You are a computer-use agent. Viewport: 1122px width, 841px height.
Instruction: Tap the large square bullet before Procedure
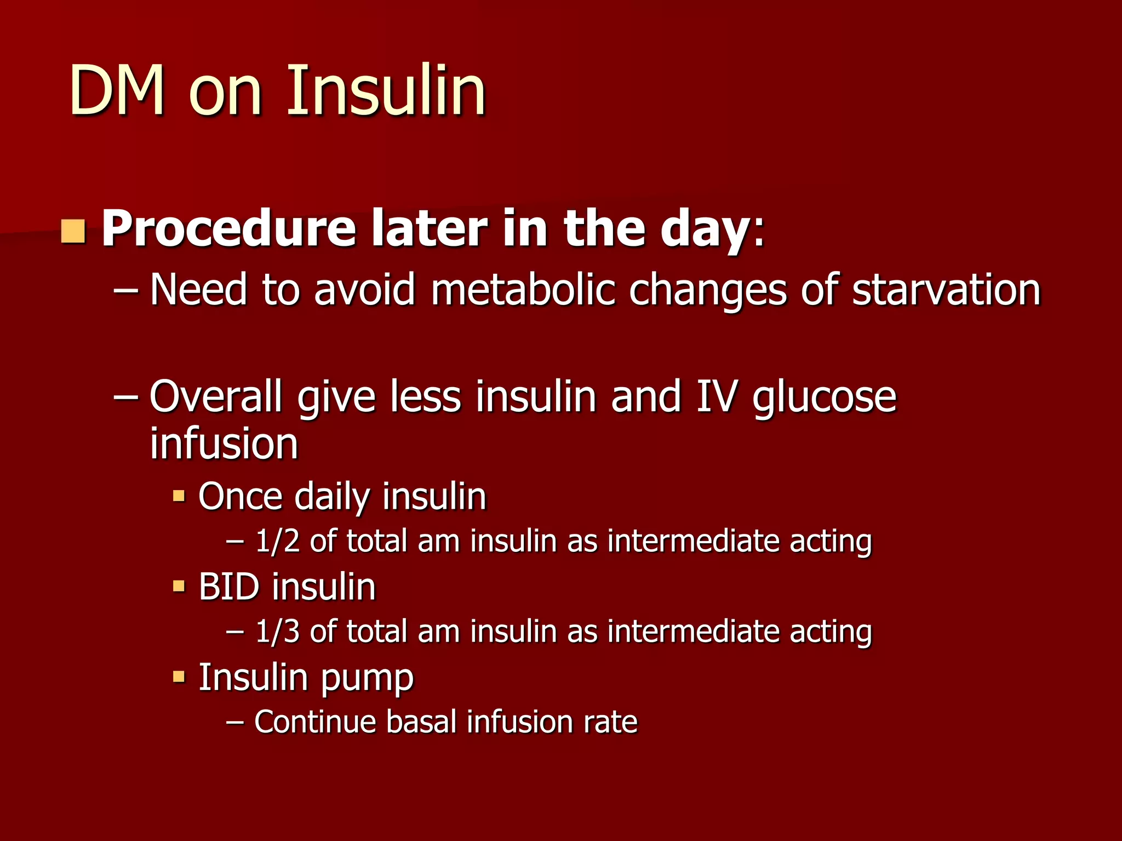click(x=73, y=231)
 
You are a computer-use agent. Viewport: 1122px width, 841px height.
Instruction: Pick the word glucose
click(x=825, y=396)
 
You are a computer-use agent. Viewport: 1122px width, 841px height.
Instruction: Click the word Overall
click(x=216, y=396)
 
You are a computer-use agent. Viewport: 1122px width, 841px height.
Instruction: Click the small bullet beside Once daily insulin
click(x=179, y=497)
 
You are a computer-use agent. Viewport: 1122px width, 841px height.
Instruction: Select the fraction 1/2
click(x=278, y=541)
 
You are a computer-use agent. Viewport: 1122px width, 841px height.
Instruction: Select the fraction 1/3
click(x=278, y=631)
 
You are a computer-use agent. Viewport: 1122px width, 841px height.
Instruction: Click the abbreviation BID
click(x=229, y=587)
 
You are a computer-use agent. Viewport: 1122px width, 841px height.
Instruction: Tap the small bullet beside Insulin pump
click(x=179, y=677)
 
